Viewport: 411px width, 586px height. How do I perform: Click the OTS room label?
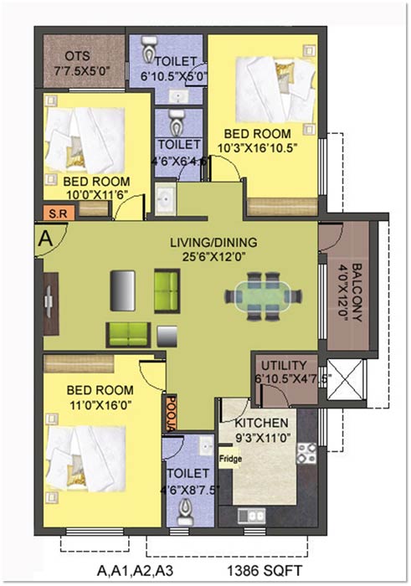(x=77, y=56)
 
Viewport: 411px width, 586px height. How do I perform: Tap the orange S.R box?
(x=59, y=213)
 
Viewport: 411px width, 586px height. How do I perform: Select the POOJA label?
(x=171, y=413)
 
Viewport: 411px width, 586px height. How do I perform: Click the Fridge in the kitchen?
(x=230, y=458)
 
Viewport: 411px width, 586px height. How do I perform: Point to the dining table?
(x=264, y=296)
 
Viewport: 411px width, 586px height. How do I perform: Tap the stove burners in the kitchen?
(x=306, y=454)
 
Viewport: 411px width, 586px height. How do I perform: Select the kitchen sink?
(x=252, y=517)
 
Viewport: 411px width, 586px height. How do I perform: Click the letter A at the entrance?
(x=46, y=239)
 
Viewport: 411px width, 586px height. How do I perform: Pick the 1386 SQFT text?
(x=265, y=571)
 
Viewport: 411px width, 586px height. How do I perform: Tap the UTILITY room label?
(x=284, y=365)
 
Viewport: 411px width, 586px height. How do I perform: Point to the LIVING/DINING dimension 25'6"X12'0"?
(x=213, y=257)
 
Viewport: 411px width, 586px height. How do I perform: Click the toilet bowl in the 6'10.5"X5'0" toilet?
(x=150, y=49)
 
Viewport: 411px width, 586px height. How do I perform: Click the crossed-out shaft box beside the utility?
(x=345, y=380)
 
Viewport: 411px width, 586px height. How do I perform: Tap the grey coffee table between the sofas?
(x=167, y=337)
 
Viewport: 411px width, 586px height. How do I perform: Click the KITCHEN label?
(x=261, y=423)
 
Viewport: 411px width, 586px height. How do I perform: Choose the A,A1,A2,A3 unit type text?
(x=136, y=571)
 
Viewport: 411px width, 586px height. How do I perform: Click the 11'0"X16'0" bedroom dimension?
(x=100, y=404)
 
